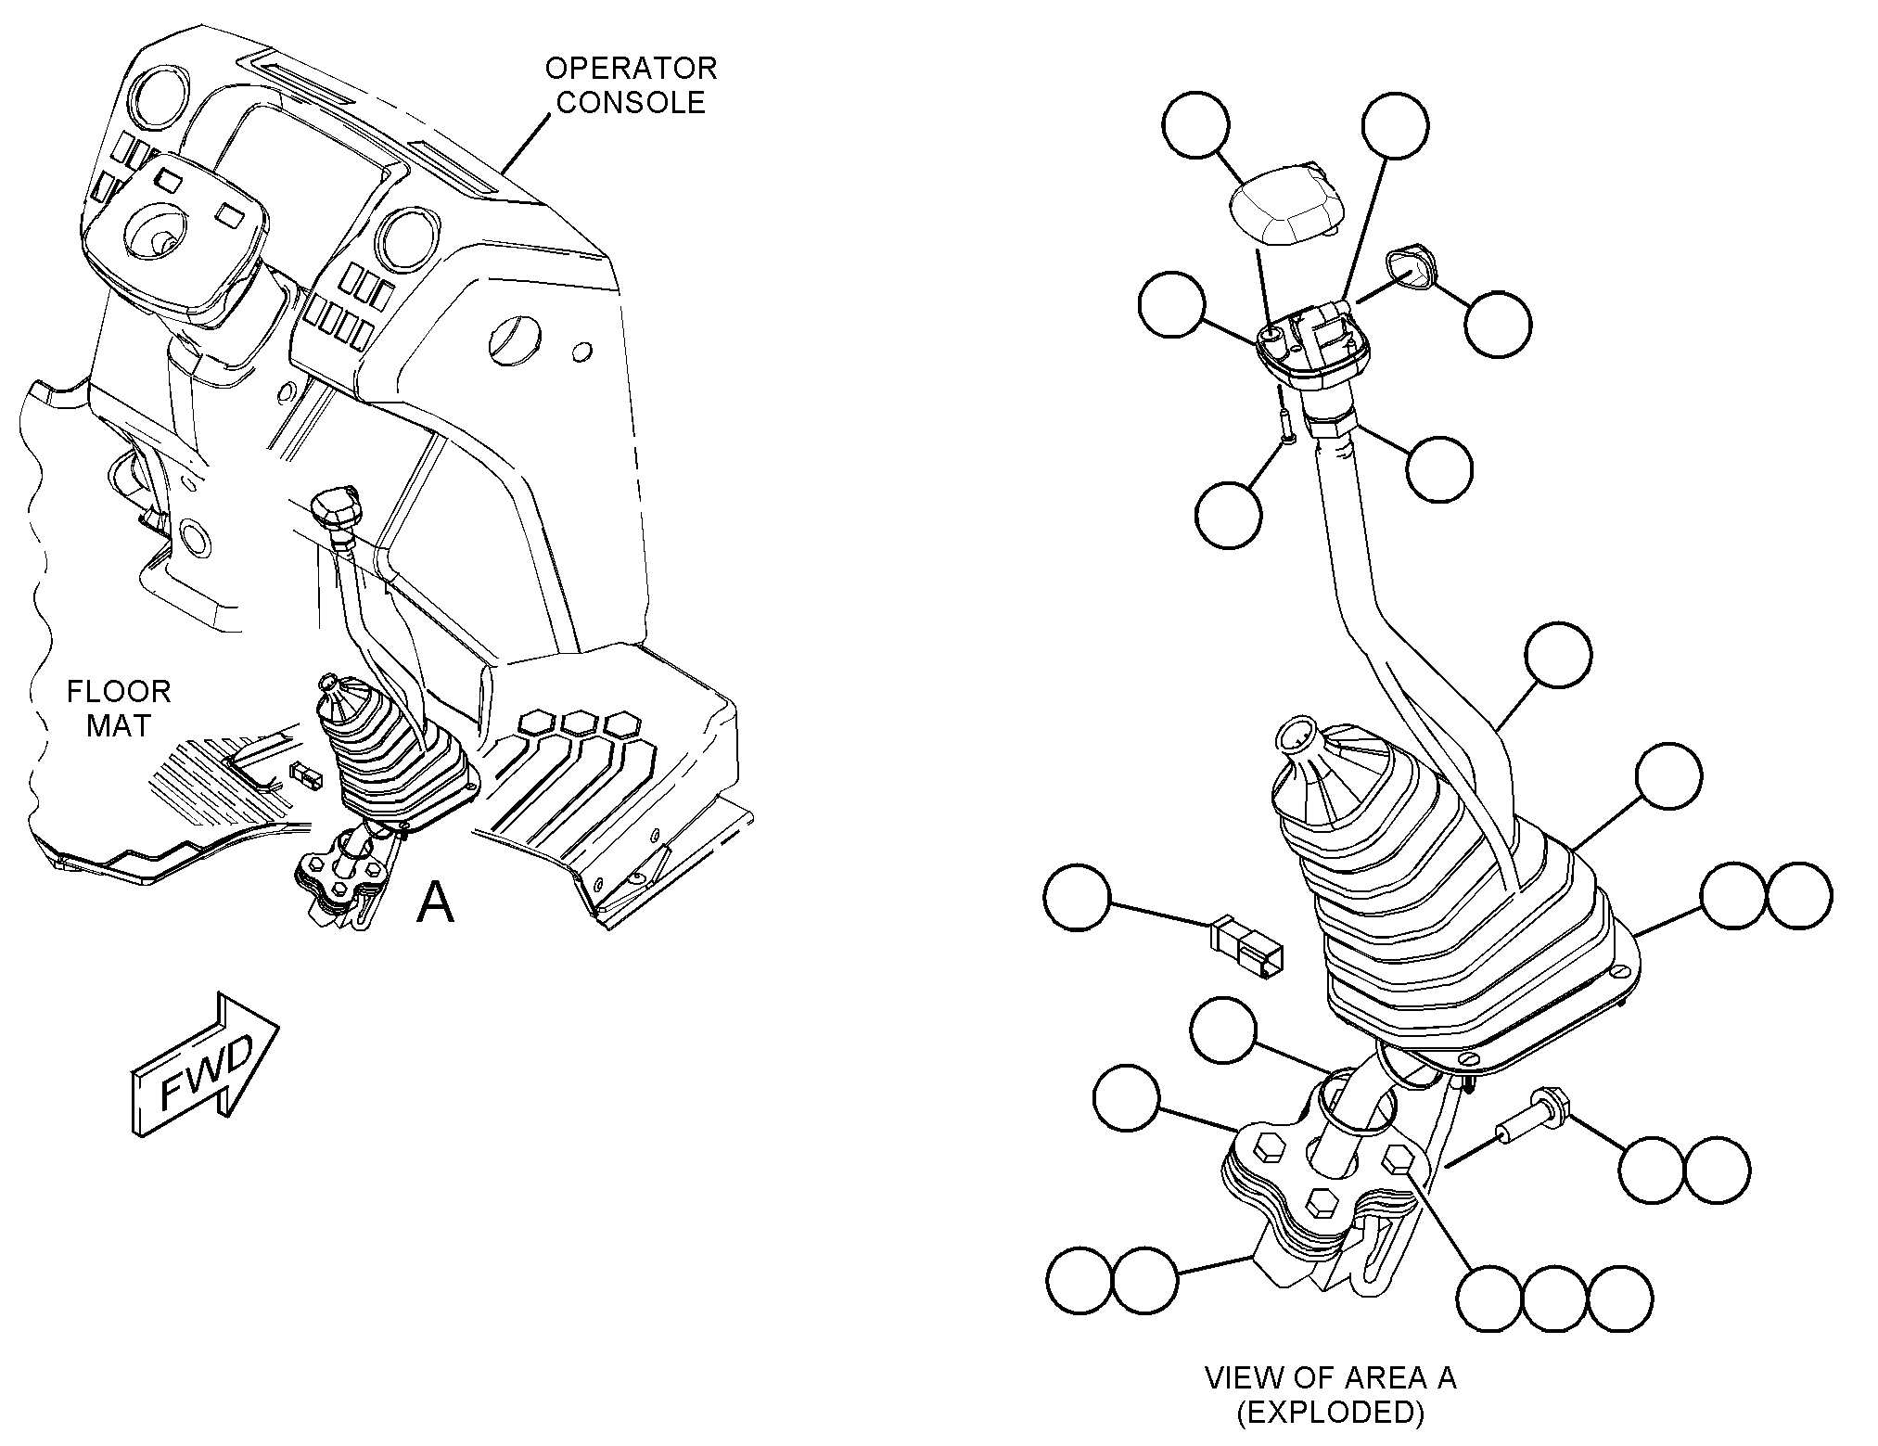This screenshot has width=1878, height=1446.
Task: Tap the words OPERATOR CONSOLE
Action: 631,85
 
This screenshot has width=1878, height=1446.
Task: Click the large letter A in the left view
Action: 435,902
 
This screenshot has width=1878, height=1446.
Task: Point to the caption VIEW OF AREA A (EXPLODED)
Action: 1330,1394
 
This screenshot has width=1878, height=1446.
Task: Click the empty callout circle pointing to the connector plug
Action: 1076,897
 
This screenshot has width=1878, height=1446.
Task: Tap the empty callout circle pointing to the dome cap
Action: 1196,125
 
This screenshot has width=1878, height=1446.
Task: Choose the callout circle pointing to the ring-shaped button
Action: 1498,325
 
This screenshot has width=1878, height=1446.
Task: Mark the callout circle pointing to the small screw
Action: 1229,514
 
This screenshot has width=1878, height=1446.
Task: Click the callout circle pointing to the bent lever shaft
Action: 1558,655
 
